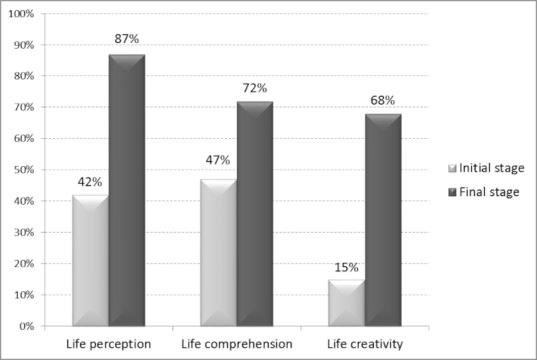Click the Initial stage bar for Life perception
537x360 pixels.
coord(90,261)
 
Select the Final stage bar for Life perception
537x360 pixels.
coord(127,190)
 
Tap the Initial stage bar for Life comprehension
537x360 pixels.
coord(218,253)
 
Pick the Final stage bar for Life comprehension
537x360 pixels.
coord(255,213)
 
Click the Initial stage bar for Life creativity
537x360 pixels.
coord(347,303)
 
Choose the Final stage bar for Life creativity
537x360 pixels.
coord(383,220)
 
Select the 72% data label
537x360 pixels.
coord(255,88)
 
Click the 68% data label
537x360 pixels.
coord(383,100)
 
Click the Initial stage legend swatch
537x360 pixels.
coord(451,168)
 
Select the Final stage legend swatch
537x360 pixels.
coord(451,192)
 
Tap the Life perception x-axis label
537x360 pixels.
coord(109,344)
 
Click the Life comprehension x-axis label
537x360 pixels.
coord(237,344)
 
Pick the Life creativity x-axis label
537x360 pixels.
coord(364,344)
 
